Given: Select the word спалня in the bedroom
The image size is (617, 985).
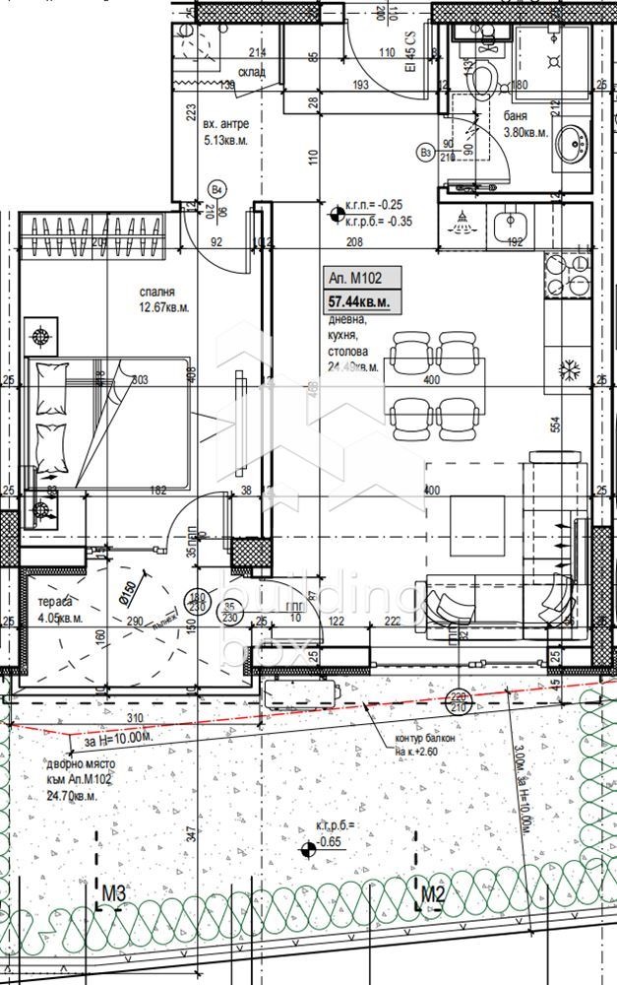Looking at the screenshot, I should click(x=156, y=293).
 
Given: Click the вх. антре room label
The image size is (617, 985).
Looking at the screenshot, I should click(x=225, y=125).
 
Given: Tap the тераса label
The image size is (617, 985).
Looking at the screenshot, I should click(x=53, y=602).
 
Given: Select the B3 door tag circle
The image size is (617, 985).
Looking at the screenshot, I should click(x=425, y=153).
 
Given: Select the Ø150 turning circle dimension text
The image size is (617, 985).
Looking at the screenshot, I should click(x=125, y=596).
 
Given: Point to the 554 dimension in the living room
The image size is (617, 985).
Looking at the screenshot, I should click(x=556, y=426).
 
